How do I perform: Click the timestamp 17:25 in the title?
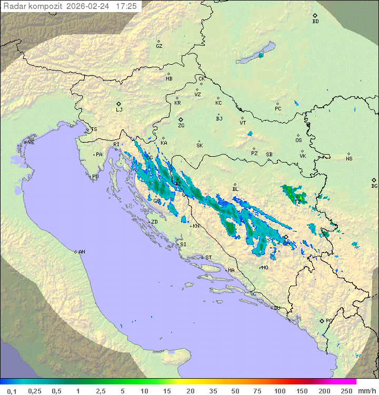click(126, 6)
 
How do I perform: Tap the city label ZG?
click(181, 126)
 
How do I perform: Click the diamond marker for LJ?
click(119, 104)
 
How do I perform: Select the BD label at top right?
click(315, 22)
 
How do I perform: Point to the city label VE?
click(31, 143)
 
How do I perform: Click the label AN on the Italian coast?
click(82, 252)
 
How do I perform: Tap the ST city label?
click(208, 258)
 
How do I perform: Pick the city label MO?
click(265, 268)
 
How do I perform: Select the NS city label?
click(349, 159)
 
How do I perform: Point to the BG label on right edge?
click(374, 186)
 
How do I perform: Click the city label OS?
click(298, 140)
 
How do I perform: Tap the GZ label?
click(159, 46)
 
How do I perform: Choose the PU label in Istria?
click(95, 177)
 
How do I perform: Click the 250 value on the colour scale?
click(346, 391)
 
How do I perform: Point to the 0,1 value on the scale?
click(12, 391)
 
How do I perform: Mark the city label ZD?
click(154, 222)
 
